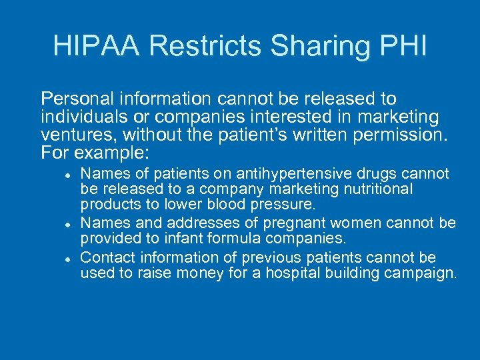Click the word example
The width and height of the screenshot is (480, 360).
118,153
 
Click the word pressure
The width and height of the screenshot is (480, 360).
289,205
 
